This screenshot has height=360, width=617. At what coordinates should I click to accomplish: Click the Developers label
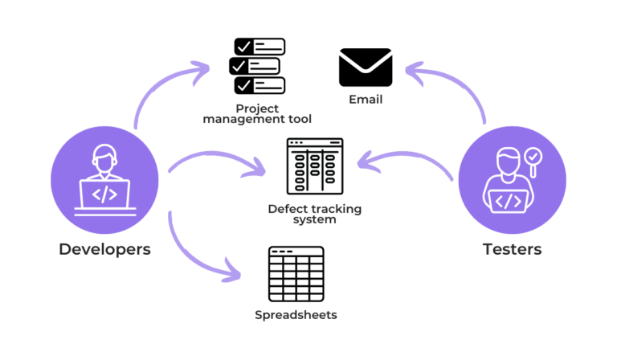tap(104, 249)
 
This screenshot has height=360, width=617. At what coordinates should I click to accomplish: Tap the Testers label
tap(512, 249)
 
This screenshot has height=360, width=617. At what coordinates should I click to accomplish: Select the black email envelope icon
tap(366, 67)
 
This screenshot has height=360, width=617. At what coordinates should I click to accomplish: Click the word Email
tap(366, 100)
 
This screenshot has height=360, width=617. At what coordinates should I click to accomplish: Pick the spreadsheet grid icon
tap(296, 274)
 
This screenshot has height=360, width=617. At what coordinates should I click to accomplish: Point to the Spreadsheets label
tap(296, 314)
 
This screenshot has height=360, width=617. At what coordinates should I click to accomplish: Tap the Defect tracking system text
tap(315, 214)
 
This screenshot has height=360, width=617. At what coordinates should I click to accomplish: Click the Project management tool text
tap(257, 113)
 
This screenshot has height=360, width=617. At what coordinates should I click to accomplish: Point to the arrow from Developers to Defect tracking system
tap(217, 157)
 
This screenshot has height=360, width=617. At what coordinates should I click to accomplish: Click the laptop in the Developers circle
tap(104, 195)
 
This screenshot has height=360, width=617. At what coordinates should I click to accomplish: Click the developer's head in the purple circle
tap(104, 155)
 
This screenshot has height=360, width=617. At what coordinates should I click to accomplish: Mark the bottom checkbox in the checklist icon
tap(243, 85)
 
